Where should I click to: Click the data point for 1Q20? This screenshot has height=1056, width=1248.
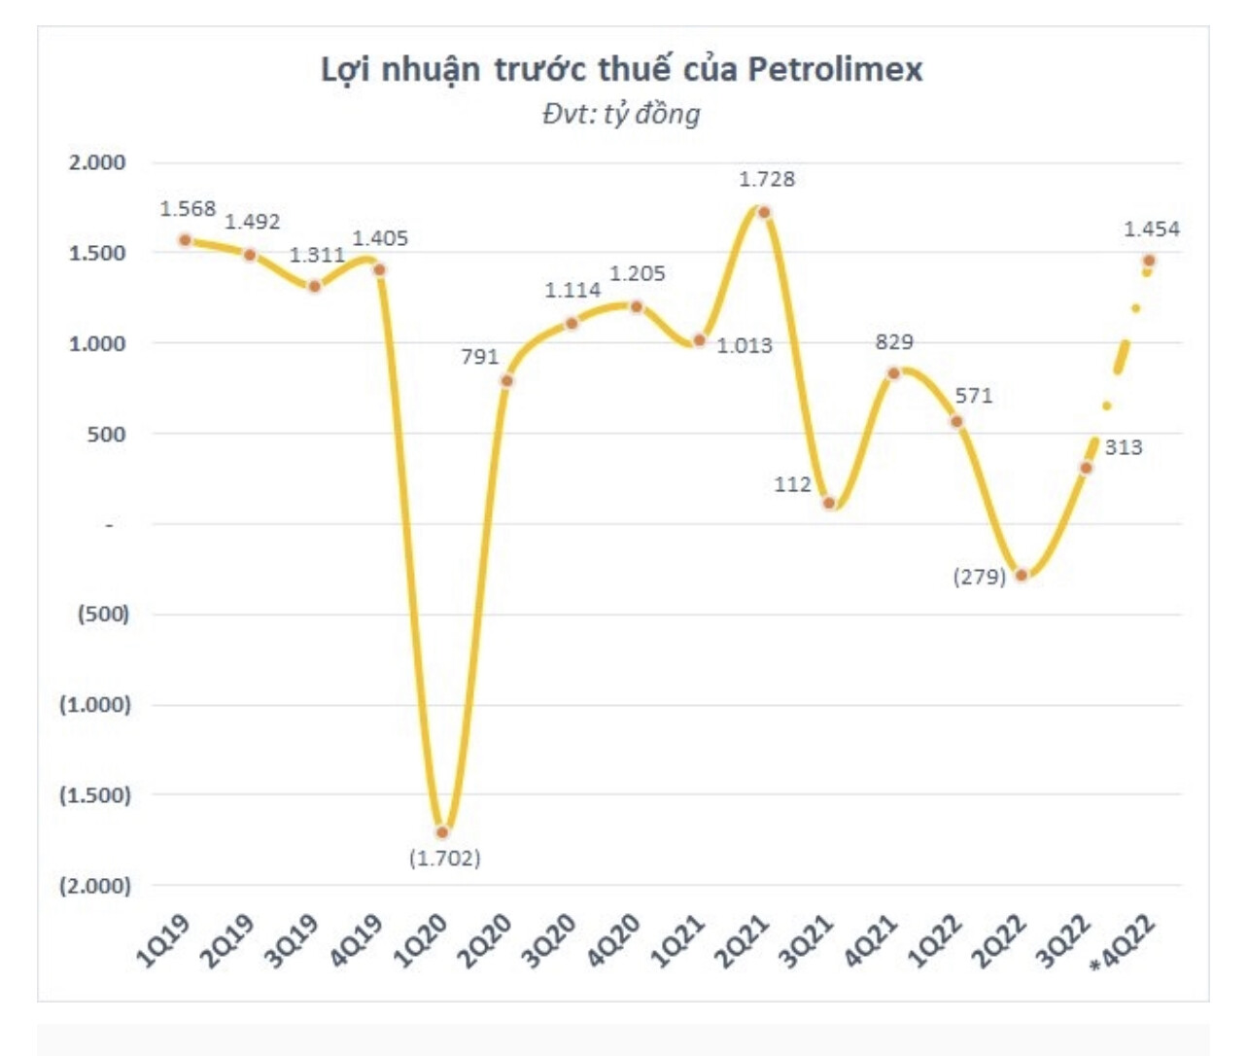tap(443, 831)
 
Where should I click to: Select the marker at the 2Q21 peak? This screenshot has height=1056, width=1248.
tap(764, 212)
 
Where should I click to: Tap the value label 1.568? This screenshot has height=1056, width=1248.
tap(188, 209)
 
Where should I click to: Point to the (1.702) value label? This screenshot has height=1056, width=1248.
tap(444, 859)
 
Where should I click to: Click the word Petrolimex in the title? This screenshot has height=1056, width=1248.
tap(834, 69)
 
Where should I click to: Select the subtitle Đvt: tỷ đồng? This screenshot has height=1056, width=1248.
tap(621, 114)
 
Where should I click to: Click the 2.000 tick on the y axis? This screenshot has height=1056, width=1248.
tap(97, 162)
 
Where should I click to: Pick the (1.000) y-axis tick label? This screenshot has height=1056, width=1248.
tap(94, 704)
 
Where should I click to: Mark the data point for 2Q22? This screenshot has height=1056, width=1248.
tap(1021, 575)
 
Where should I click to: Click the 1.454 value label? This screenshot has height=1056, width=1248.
tap(1151, 229)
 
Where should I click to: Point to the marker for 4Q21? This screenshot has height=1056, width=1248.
tap(893, 373)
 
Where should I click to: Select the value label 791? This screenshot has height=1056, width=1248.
tap(479, 357)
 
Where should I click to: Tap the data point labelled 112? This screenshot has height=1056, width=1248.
tap(829, 503)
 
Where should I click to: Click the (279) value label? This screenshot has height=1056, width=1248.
tap(979, 578)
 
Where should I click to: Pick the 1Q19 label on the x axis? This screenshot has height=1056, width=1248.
tap(163, 941)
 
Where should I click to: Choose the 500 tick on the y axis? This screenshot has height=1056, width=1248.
tap(106, 434)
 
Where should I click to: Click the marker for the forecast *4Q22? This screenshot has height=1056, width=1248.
tap(1149, 261)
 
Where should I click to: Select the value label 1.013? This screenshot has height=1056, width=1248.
tap(745, 345)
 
